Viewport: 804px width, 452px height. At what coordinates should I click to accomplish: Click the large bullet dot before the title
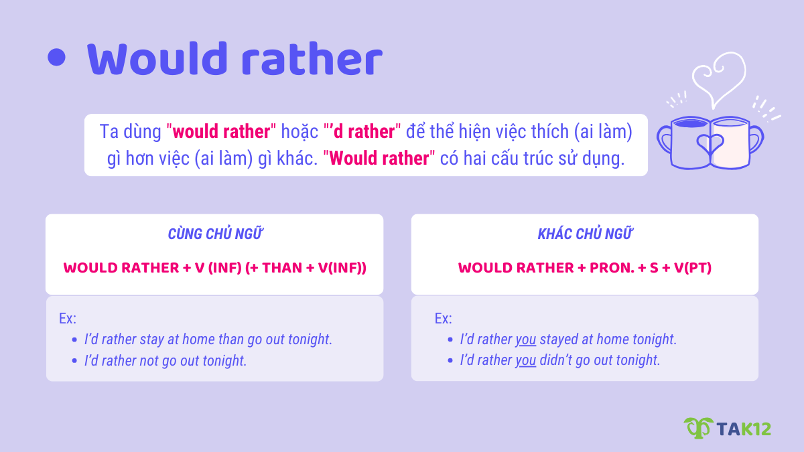click(x=58, y=58)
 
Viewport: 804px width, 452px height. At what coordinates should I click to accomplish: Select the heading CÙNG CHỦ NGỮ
click(x=214, y=234)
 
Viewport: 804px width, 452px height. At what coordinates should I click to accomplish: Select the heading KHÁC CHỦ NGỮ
click(x=585, y=234)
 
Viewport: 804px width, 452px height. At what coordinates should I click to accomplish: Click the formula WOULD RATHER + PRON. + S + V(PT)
click(x=585, y=268)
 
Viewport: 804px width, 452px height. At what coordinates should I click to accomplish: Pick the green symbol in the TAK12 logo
click(x=697, y=427)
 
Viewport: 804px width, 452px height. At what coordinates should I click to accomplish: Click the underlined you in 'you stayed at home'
click(x=526, y=340)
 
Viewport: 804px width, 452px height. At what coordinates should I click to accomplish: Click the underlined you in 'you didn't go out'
click(x=526, y=360)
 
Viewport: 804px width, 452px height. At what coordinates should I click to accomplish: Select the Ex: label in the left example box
click(x=68, y=319)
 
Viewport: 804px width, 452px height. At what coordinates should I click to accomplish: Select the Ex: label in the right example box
click(x=444, y=319)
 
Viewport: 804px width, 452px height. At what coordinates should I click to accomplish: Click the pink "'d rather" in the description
click(x=362, y=131)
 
